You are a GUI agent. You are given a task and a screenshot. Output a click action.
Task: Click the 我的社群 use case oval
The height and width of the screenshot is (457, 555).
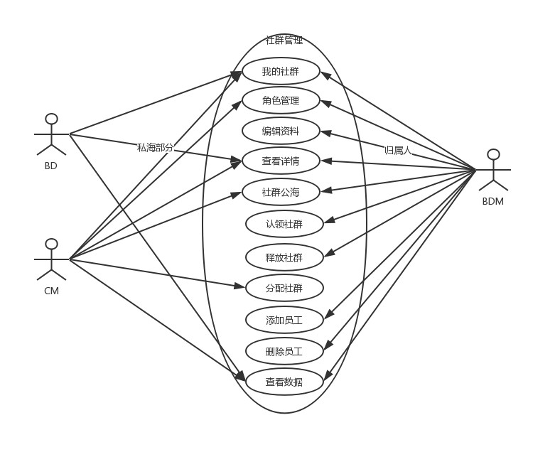pyautogui.click(x=281, y=71)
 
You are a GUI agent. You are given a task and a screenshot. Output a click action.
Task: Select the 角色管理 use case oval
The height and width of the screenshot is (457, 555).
pyautogui.click(x=281, y=101)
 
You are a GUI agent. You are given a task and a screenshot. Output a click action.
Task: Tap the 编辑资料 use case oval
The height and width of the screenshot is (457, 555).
pyautogui.click(x=281, y=131)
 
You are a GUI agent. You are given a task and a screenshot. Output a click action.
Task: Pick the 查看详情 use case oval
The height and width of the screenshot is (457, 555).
pyautogui.click(x=281, y=161)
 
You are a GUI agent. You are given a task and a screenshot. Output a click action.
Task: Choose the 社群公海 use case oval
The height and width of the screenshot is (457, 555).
pyautogui.click(x=281, y=192)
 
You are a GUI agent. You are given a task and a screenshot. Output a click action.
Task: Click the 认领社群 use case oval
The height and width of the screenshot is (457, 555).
pyautogui.click(x=284, y=224)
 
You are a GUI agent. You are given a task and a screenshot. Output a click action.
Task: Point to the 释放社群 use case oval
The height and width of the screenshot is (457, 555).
pyautogui.click(x=284, y=257)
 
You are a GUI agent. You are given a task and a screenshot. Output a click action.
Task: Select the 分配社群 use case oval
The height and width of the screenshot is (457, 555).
pyautogui.click(x=284, y=288)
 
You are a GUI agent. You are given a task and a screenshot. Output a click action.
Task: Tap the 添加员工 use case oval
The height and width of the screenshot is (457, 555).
pyautogui.click(x=284, y=321)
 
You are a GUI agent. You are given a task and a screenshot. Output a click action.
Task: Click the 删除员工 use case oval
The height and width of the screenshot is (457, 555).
pyautogui.click(x=284, y=351)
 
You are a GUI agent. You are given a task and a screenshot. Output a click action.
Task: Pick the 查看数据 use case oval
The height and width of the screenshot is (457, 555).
pyautogui.click(x=284, y=382)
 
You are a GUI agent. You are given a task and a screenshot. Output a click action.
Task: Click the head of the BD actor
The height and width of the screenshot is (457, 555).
pyautogui.click(x=51, y=118)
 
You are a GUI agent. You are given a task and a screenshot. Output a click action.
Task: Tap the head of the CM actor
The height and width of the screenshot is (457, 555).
pyautogui.click(x=51, y=244)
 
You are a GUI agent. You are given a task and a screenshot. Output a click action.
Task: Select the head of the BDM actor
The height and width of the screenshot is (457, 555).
pyautogui.click(x=493, y=154)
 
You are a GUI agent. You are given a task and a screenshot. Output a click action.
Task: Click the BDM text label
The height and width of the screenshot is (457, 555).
pyautogui.click(x=492, y=201)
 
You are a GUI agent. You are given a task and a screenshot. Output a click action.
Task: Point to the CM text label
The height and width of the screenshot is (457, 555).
pyautogui.click(x=51, y=291)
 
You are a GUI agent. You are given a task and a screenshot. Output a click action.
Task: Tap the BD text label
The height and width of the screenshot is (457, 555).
pyautogui.click(x=50, y=166)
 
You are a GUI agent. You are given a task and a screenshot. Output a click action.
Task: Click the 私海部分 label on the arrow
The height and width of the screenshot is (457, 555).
pyautogui.click(x=155, y=147)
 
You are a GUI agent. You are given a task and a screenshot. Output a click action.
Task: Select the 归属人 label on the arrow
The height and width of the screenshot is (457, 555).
pyautogui.click(x=397, y=150)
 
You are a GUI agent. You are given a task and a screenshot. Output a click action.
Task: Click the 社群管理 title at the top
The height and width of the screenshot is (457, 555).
pyautogui.click(x=284, y=41)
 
